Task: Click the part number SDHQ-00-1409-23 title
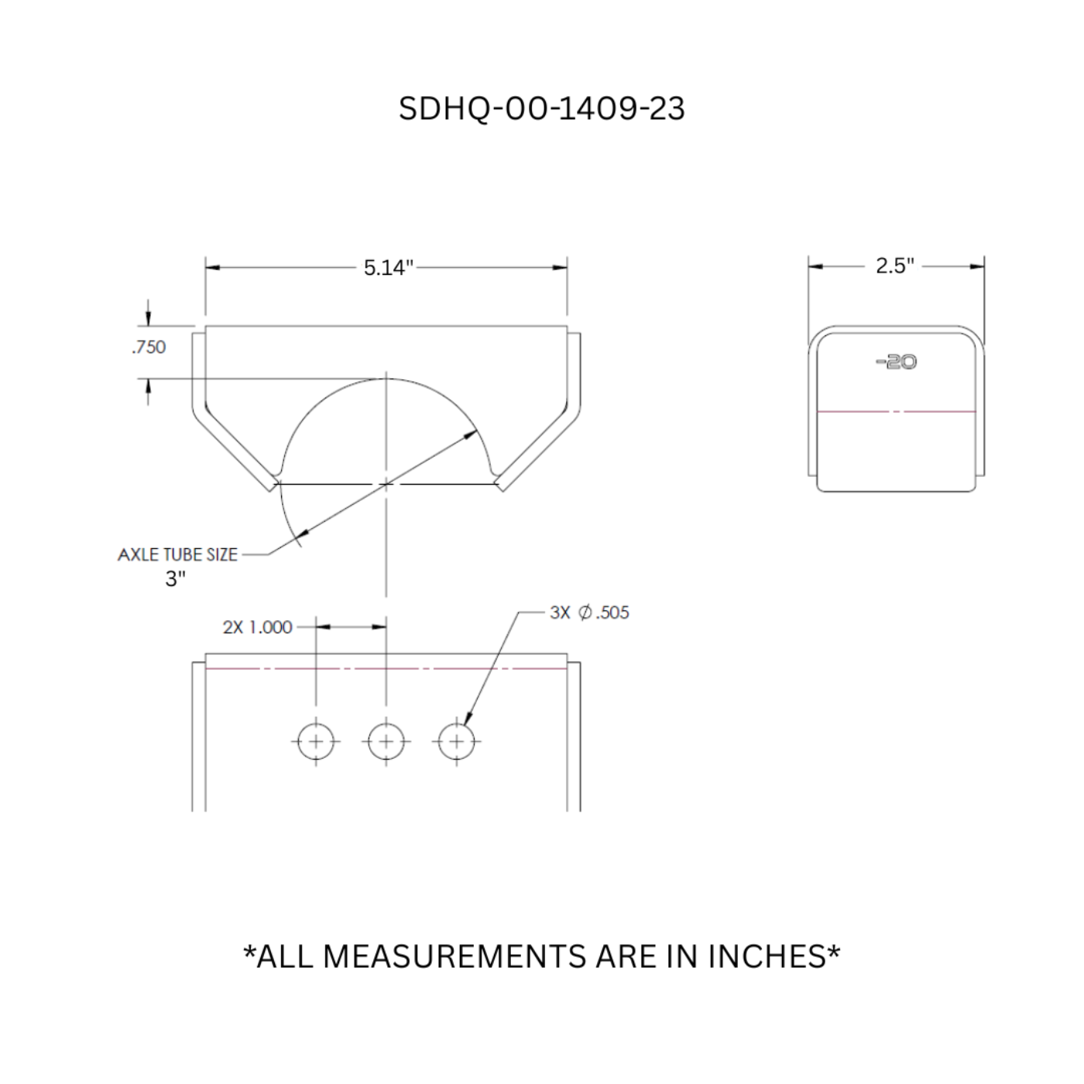click(x=541, y=108)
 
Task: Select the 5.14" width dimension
click(x=388, y=268)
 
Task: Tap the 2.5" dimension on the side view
click(x=894, y=266)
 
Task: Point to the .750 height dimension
click(x=149, y=347)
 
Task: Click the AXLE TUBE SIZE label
click(x=177, y=554)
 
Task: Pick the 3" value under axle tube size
click(x=176, y=578)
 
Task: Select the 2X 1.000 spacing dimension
click(x=257, y=627)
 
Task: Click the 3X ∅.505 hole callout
click(x=589, y=612)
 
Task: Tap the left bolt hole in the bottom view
click(x=316, y=742)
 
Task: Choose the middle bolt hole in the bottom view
click(x=386, y=742)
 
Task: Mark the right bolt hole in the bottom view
click(x=456, y=742)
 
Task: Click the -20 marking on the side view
click(x=897, y=362)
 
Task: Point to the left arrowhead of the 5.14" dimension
click(x=212, y=267)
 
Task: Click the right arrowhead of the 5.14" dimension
click(x=560, y=267)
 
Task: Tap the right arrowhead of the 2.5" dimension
click(x=978, y=266)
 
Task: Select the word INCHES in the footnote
click(x=767, y=957)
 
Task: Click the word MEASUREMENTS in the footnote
click(x=456, y=957)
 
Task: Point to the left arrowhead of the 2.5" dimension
click(x=815, y=266)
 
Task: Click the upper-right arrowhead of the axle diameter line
click(x=471, y=435)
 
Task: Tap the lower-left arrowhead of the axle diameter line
click(x=303, y=533)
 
